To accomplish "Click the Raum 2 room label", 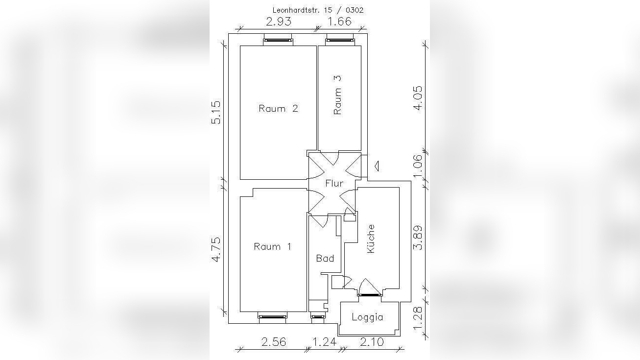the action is pyautogui.click(x=278, y=109).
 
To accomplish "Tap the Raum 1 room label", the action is pyautogui.click(x=273, y=246).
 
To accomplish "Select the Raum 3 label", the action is pyautogui.click(x=337, y=95).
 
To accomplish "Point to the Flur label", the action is pyautogui.click(x=334, y=183).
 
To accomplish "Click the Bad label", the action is pyautogui.click(x=325, y=258).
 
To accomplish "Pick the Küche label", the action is pyautogui.click(x=370, y=239).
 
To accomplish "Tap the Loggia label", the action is pyautogui.click(x=367, y=317).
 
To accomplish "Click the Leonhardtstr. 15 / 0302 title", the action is pyautogui.click(x=318, y=10).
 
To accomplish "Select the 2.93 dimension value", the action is pyautogui.click(x=279, y=22).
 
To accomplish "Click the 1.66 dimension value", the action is pyautogui.click(x=339, y=22).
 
